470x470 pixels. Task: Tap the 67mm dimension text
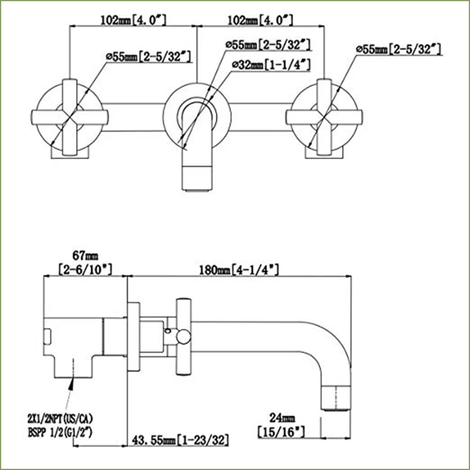click(x=85, y=257)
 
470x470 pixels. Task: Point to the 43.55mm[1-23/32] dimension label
click(x=179, y=439)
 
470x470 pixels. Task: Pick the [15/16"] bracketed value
click(x=281, y=432)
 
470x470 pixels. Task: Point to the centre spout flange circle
click(x=197, y=112)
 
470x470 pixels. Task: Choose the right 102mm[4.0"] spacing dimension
click(x=260, y=20)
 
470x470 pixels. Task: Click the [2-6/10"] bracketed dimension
click(x=85, y=270)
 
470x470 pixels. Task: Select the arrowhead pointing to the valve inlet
click(x=72, y=385)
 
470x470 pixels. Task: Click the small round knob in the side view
click(x=183, y=335)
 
